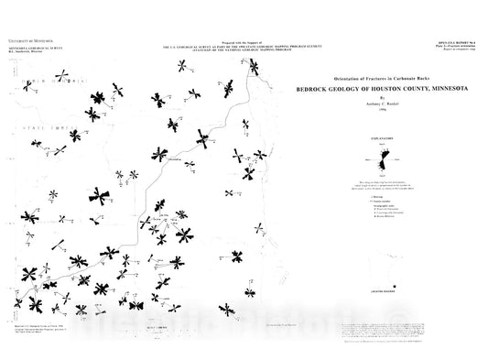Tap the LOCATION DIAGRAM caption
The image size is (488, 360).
click(x=381, y=288)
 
